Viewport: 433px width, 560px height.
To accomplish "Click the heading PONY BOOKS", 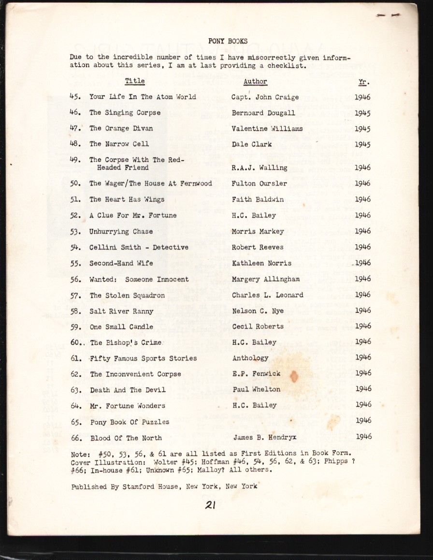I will [228, 41].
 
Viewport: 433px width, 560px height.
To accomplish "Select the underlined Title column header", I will [135, 81].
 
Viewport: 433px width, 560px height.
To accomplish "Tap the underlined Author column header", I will [255, 82].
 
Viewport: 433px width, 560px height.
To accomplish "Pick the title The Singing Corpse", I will [125, 113].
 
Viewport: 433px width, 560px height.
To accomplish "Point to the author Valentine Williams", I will [267, 129].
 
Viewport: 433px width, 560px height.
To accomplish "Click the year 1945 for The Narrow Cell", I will [362, 144].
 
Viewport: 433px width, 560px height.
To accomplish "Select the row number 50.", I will [75, 184].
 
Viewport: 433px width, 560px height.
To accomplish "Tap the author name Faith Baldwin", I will [258, 199].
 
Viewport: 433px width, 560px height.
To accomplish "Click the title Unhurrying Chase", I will [121, 232].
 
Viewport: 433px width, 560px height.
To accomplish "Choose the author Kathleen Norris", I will [261, 263].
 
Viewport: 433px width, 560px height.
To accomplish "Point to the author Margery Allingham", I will [265, 279].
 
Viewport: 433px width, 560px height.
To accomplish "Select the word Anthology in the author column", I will [250, 358].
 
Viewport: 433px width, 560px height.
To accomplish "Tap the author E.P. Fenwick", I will [256, 374].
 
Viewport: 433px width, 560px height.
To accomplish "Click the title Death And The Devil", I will [128, 390].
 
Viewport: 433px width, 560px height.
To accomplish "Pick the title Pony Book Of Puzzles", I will [130, 422].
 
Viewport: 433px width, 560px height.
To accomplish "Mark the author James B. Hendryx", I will [265, 438].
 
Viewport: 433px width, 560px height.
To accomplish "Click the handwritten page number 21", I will [210, 505].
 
